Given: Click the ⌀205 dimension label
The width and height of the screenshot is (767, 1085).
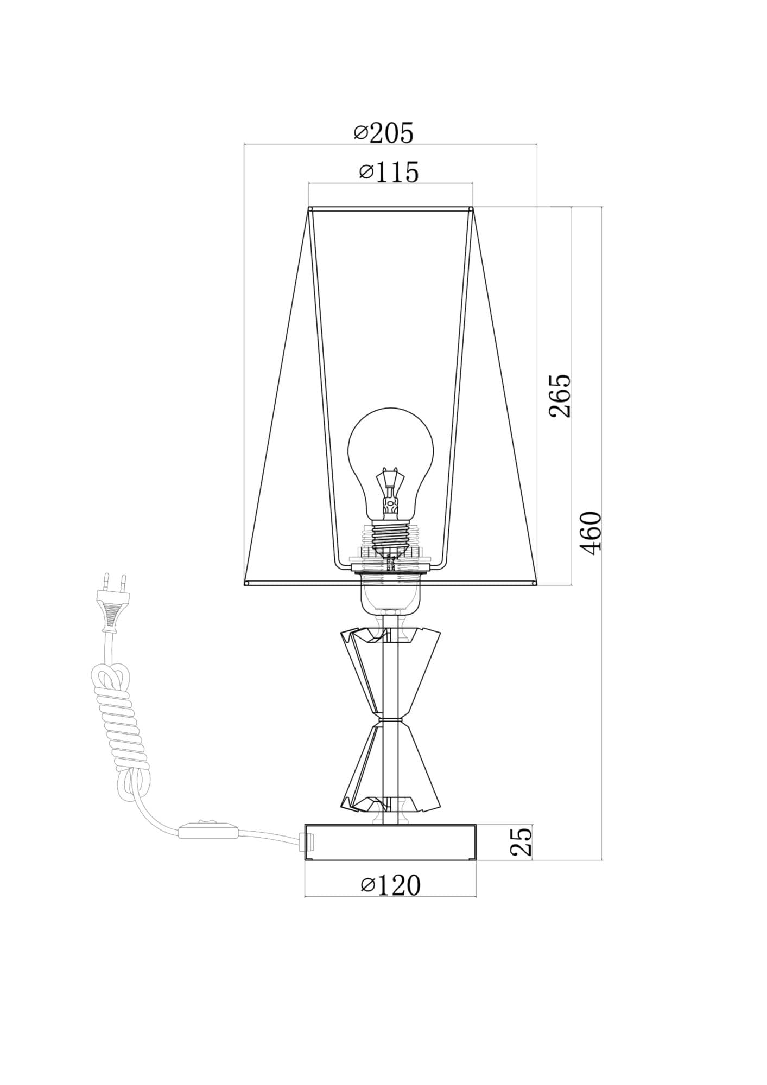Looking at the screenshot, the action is click(384, 132).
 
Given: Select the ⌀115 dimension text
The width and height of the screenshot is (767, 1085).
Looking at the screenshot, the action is click(389, 172).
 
